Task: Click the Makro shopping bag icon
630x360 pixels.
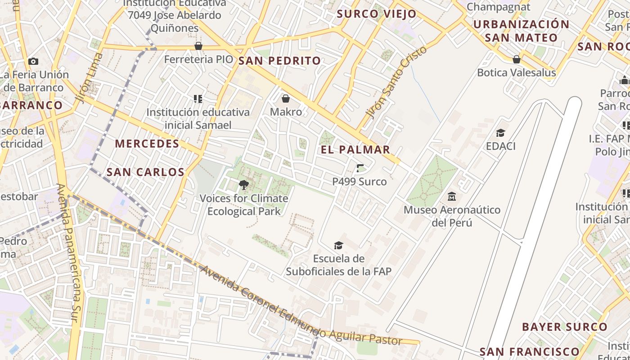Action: point(285,99)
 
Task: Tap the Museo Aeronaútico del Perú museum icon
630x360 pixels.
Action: point(452,197)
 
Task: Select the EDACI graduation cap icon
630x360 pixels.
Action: point(500,133)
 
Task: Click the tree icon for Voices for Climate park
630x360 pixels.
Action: point(243,184)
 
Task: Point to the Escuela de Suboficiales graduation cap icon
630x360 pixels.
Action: point(338,245)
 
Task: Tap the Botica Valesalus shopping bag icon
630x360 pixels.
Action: point(517,59)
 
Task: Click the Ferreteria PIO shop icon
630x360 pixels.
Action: point(198,46)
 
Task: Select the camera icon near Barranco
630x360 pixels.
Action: point(33,62)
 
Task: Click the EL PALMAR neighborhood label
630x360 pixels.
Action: point(355,150)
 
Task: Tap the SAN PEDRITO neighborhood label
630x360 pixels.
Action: point(279,61)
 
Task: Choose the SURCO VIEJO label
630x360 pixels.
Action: point(377,14)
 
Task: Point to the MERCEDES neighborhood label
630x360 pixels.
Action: point(147,144)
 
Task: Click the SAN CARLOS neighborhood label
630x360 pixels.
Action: point(145,172)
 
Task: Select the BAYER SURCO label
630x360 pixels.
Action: point(564,327)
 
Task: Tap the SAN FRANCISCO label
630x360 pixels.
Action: point(529,351)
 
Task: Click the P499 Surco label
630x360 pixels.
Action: point(359,182)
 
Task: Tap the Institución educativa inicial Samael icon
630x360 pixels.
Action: point(198,99)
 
